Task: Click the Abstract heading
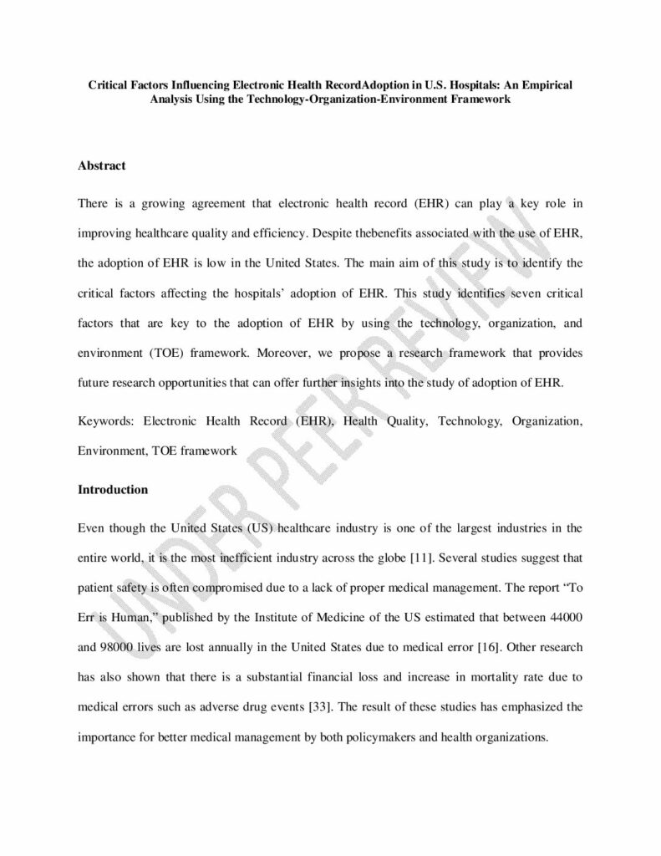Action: [101, 166]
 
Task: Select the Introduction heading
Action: [112, 490]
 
